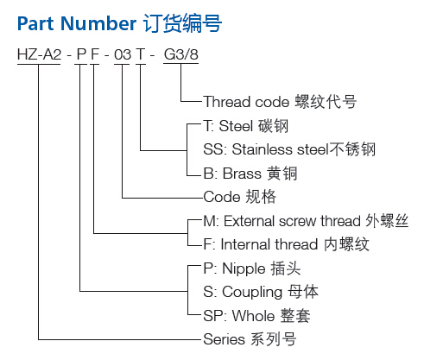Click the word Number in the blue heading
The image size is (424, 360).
click(98, 23)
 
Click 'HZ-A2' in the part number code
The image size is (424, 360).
click(39, 54)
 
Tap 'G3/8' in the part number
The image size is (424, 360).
click(181, 54)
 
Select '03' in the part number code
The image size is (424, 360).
click(123, 54)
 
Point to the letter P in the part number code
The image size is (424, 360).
click(81, 54)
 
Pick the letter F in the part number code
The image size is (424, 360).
click(95, 54)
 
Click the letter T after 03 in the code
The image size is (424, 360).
click(141, 54)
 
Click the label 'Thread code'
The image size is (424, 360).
click(246, 102)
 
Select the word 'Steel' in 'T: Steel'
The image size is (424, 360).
click(236, 126)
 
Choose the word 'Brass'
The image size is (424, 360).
click(242, 174)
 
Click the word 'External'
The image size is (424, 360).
click(250, 221)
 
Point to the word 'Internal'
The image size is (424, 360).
click(245, 244)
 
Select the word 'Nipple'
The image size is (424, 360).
click(244, 269)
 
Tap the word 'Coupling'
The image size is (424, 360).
click(252, 293)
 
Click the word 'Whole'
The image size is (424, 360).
click(253, 316)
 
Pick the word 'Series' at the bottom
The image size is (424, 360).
click(225, 339)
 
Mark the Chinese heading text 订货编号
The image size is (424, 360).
click(182, 23)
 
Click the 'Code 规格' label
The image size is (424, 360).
click(239, 197)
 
